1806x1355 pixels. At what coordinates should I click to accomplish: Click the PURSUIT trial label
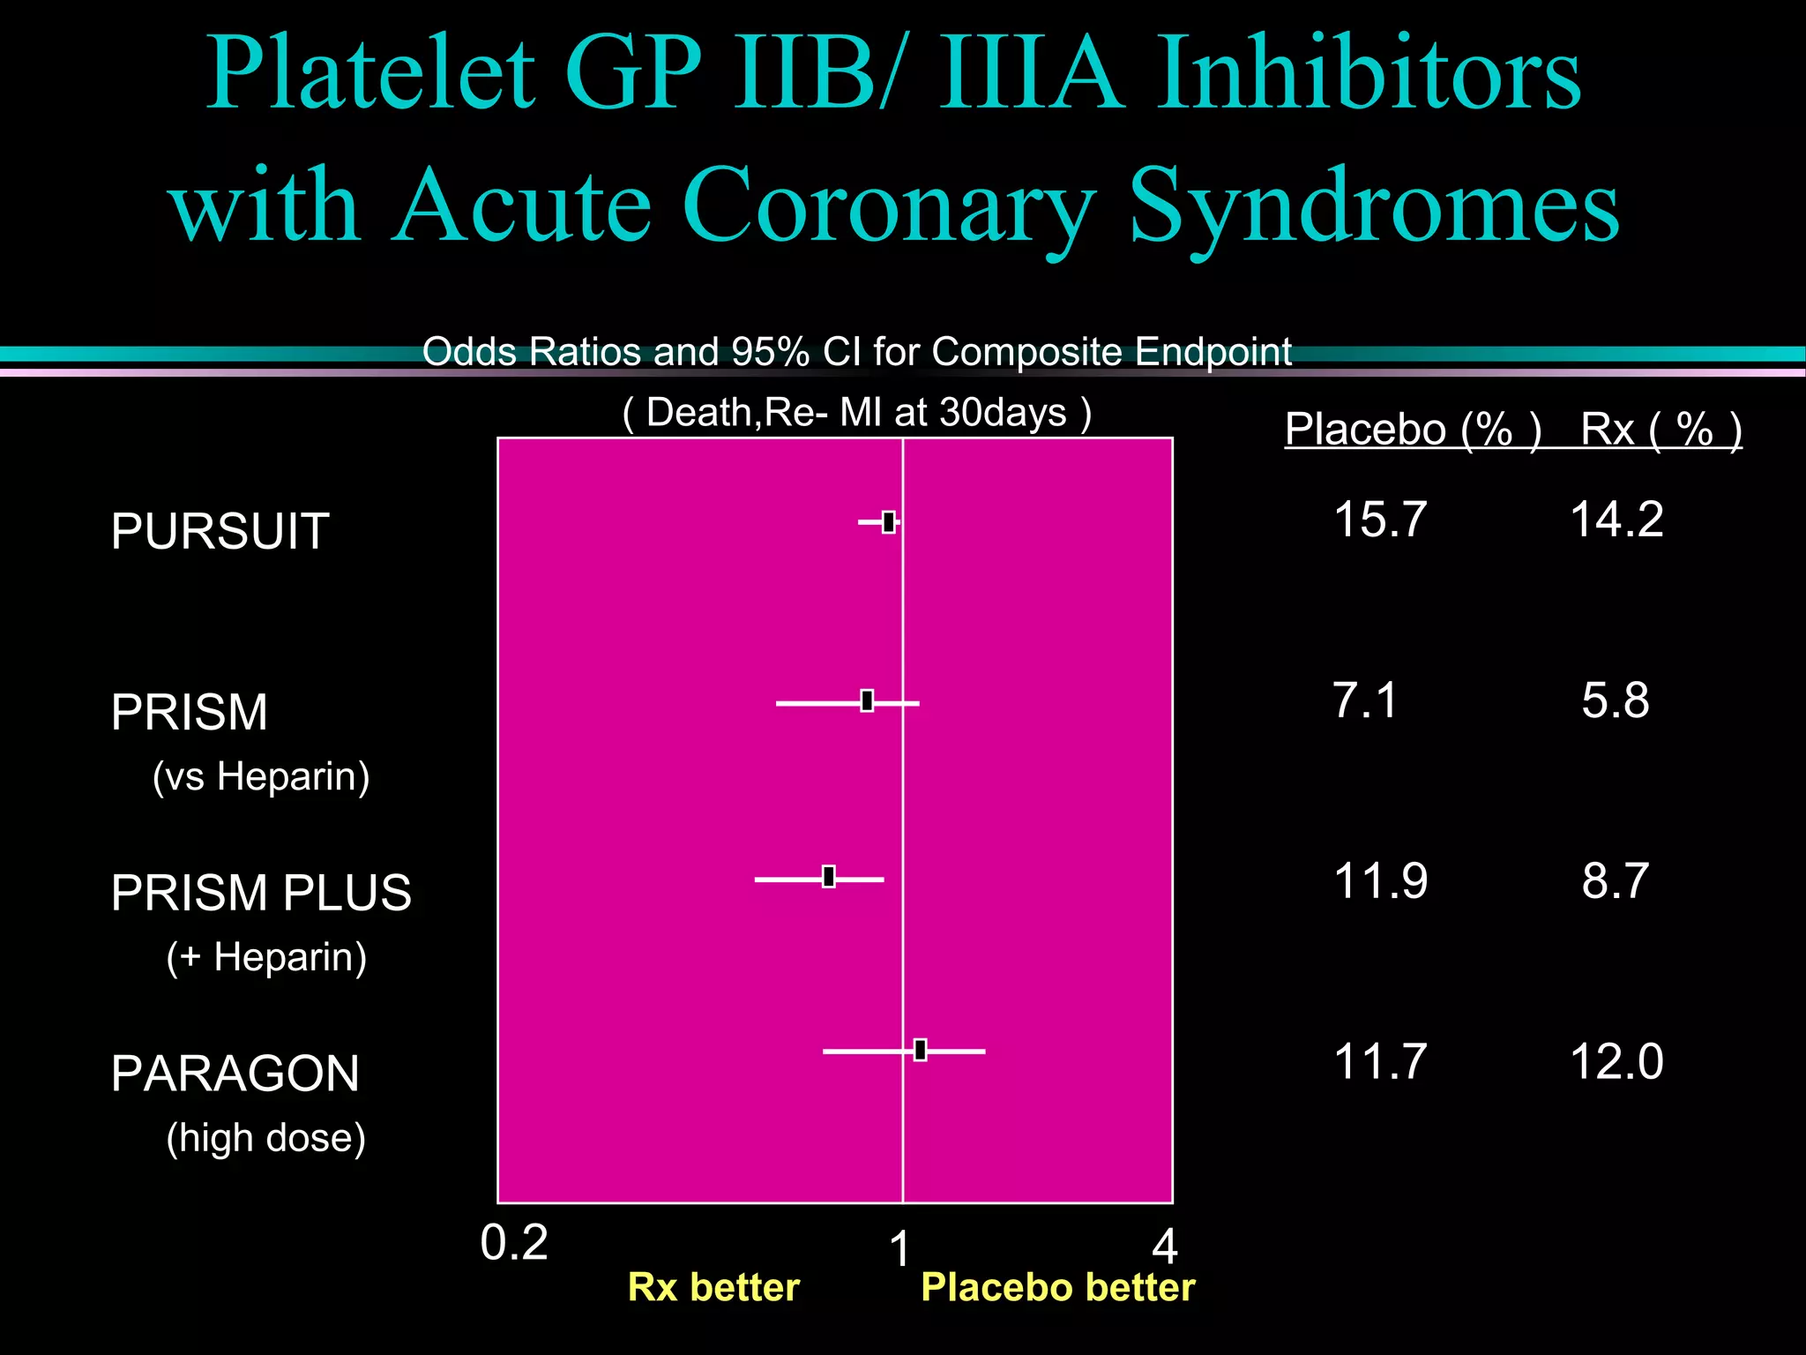tap(220, 531)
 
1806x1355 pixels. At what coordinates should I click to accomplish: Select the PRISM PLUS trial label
tap(261, 892)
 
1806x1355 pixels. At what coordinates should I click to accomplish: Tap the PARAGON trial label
tap(235, 1074)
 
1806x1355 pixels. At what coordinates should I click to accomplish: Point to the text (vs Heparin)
tap(261, 776)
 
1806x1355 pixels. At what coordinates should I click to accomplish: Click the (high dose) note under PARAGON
tap(265, 1137)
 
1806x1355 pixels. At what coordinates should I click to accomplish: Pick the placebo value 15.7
tap(1380, 519)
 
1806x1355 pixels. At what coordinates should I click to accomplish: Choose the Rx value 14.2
tap(1616, 519)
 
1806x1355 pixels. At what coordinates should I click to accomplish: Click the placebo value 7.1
tap(1365, 700)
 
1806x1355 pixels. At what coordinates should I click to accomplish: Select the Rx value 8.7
tap(1615, 880)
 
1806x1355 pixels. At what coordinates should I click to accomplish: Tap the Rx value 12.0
tap(1616, 1061)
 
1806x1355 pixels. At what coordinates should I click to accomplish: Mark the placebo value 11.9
tap(1380, 880)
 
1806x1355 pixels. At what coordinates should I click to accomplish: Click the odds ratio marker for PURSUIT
tap(889, 522)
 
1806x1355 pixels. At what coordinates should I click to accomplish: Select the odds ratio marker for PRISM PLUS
tap(829, 877)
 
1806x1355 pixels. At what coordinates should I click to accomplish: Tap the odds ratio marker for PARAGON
tap(921, 1050)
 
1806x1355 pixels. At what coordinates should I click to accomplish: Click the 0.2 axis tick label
tap(514, 1243)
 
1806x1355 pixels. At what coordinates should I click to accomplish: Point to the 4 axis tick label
tap(1165, 1247)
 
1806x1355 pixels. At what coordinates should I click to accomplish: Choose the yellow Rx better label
tap(713, 1288)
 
